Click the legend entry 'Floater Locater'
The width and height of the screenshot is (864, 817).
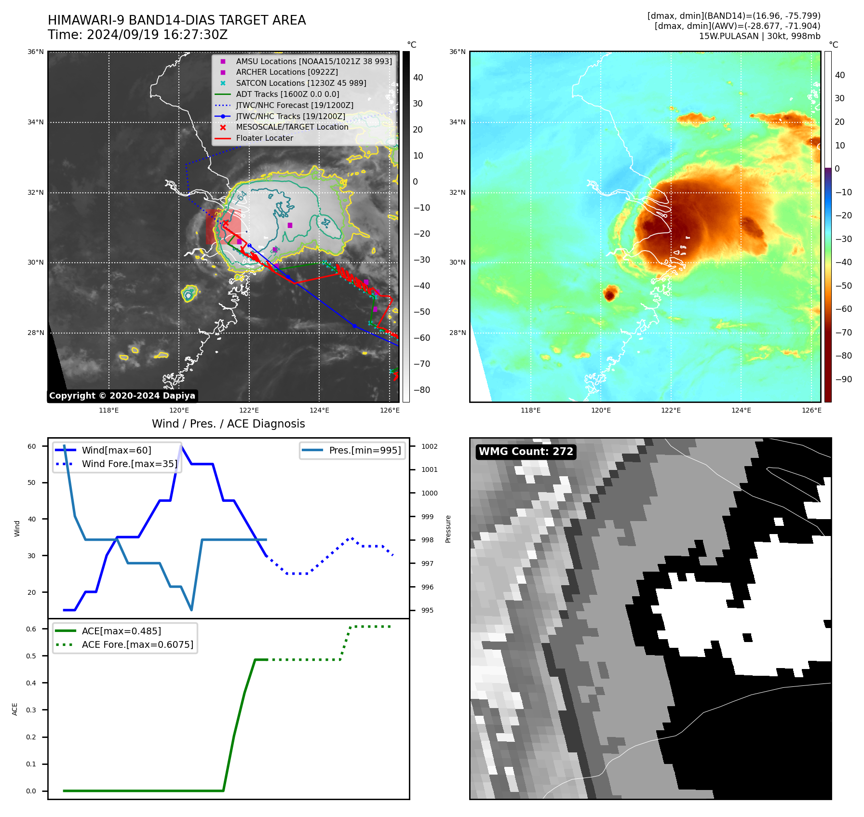tap(264, 138)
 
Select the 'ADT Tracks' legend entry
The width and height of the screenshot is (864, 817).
tap(287, 94)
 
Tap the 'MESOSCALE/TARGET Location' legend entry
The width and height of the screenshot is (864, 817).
tap(292, 127)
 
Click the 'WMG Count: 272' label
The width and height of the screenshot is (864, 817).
tap(526, 452)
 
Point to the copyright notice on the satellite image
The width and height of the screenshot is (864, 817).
tap(122, 396)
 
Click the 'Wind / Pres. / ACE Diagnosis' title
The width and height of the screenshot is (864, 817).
tap(229, 424)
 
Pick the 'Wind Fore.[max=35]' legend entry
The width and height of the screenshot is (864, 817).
tap(129, 464)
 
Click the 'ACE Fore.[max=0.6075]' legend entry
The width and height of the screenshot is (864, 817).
tap(137, 644)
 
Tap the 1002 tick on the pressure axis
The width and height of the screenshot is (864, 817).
tap(429, 446)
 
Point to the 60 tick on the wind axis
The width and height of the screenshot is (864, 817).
tap(32, 446)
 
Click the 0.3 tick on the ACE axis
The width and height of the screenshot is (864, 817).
tap(31, 710)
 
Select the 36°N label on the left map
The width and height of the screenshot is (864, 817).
tap(36, 52)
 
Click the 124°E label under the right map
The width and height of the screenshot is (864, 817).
tap(741, 410)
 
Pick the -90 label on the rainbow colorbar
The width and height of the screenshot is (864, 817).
tap(843, 379)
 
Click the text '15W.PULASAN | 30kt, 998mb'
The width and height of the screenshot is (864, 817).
tap(759, 36)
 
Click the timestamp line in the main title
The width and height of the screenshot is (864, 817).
tap(137, 35)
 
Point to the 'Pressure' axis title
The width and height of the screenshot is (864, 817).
tap(448, 529)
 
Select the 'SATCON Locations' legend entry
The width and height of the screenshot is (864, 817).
tap(301, 83)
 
